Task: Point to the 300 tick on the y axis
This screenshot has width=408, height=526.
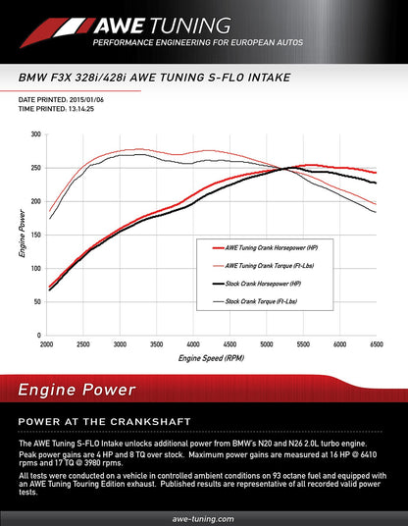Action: coord(35,134)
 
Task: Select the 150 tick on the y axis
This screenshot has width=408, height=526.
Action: coord(35,235)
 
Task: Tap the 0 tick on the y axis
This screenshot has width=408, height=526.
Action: coord(38,335)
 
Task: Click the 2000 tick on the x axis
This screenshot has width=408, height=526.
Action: coord(46,344)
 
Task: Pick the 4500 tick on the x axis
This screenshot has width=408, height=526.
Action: coord(229,344)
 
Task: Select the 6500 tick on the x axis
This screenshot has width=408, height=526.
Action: coord(375,344)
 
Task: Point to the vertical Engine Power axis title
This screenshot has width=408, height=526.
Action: coord(22,235)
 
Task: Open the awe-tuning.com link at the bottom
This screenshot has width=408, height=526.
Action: coord(204,517)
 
